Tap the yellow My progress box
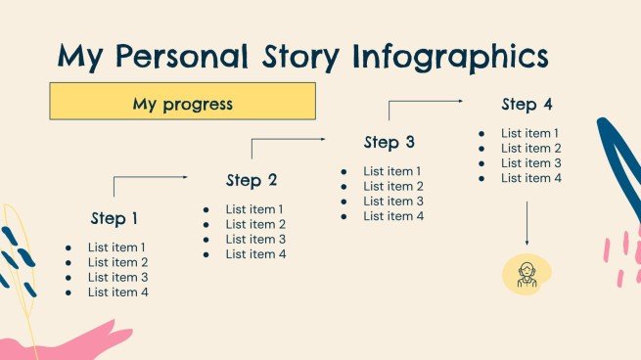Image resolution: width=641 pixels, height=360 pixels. click(x=183, y=102)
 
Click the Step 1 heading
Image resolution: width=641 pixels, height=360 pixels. click(x=114, y=218)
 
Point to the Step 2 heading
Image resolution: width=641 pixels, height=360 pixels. click(x=252, y=180)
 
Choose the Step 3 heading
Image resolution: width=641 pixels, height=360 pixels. click(x=389, y=143)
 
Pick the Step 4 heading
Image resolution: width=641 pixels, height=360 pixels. click(x=527, y=105)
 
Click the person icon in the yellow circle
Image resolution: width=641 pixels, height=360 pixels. click(x=527, y=274)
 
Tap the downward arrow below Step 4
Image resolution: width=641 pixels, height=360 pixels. click(x=527, y=224)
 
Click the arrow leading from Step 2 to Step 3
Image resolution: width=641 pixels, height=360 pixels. click(x=288, y=141)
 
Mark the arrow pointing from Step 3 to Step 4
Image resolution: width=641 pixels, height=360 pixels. click(x=425, y=102)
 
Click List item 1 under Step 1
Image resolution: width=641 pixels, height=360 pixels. click(x=117, y=247)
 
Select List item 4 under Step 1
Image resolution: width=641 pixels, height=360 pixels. click(x=117, y=292)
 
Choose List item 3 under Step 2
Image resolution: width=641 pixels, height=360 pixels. click(x=255, y=239)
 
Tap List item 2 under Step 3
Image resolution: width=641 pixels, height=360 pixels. click(x=393, y=186)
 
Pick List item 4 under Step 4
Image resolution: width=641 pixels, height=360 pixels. click(x=531, y=178)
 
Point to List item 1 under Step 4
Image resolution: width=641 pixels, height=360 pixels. click(x=531, y=133)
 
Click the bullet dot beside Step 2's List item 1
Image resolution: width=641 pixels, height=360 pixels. click(x=206, y=209)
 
